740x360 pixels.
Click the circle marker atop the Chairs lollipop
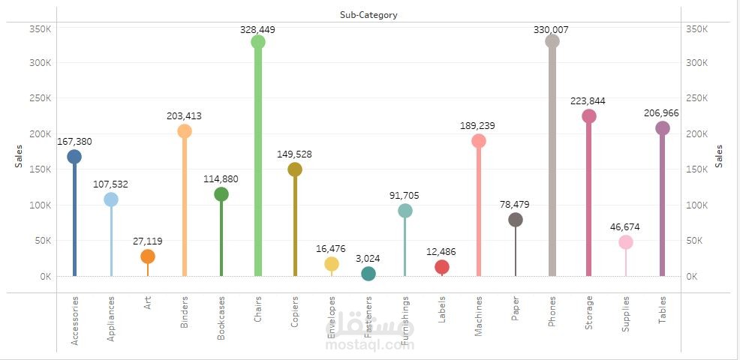click(x=258, y=42)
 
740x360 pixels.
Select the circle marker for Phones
click(x=552, y=41)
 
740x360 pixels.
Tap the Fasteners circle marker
click(x=368, y=274)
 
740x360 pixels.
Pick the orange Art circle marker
click(x=148, y=256)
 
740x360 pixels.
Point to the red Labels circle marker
click(x=442, y=267)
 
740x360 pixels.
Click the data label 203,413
click(x=184, y=116)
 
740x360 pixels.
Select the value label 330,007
click(x=551, y=29)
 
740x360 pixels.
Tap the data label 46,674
click(x=625, y=226)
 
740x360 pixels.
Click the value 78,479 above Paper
click(x=515, y=204)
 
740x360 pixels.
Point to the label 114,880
click(x=221, y=178)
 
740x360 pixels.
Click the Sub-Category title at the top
click(x=368, y=14)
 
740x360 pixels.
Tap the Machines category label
click(x=479, y=318)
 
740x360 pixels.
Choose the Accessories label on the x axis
click(x=74, y=321)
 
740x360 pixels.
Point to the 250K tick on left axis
click(x=40, y=98)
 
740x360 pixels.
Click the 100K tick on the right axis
click(x=697, y=205)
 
